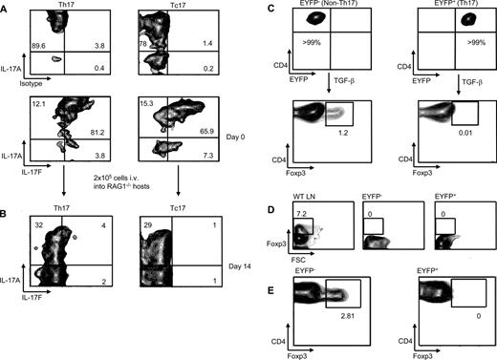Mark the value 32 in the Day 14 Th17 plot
[41, 227]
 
